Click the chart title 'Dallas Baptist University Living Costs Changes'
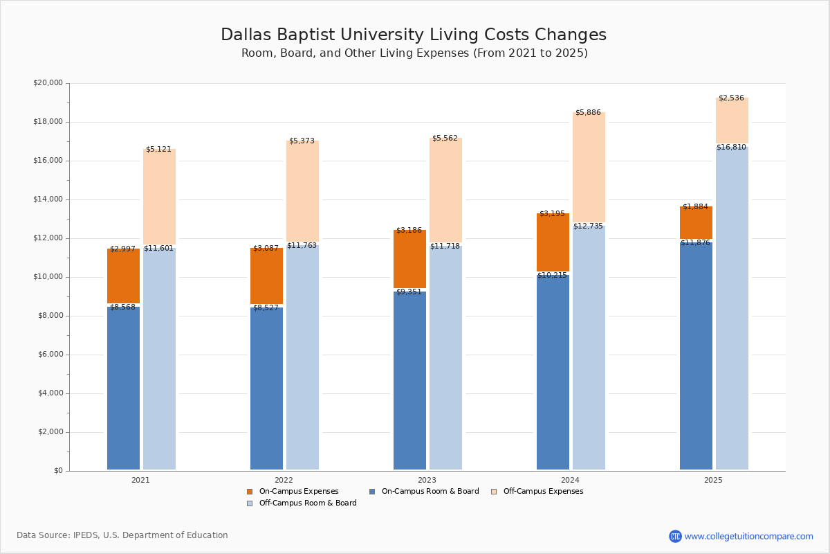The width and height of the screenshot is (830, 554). (x=414, y=35)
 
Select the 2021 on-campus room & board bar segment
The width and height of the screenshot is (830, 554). (x=123, y=388)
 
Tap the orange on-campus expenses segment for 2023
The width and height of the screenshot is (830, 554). (x=409, y=260)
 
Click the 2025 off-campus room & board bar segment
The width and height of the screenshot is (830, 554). (x=732, y=308)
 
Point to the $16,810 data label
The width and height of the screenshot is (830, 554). (x=731, y=148)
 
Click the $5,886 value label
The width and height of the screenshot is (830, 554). (x=588, y=113)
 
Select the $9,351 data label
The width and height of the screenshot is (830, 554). (x=409, y=292)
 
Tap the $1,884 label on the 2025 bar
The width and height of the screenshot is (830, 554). (x=695, y=207)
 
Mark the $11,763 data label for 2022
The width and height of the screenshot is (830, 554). (x=302, y=246)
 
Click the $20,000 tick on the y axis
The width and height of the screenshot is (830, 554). (x=48, y=83)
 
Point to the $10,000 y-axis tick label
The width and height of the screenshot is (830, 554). (x=48, y=277)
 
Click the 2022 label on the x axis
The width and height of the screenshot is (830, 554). (x=284, y=480)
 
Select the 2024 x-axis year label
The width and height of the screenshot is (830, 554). (x=570, y=480)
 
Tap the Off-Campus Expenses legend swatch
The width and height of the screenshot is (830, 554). (x=494, y=492)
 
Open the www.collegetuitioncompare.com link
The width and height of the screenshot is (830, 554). (x=748, y=537)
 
